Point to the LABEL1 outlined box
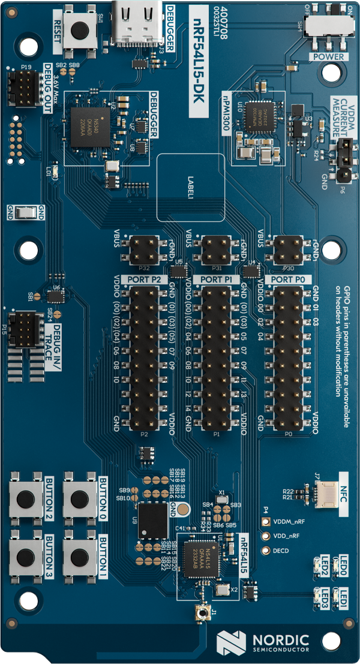click(191, 187)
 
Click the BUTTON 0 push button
click(80, 499)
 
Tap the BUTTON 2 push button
click(26, 499)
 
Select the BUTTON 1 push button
click(80, 557)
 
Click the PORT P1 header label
click(216, 280)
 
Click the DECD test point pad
click(265, 551)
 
